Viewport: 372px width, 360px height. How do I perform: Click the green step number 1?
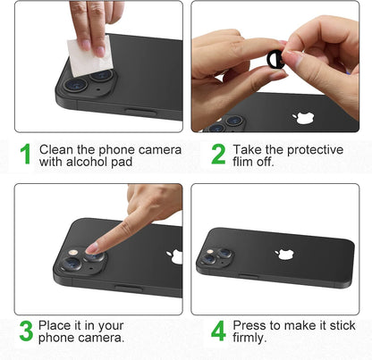coord(26,154)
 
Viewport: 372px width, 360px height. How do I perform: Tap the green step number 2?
coord(218,154)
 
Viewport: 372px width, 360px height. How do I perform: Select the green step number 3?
coord(26,331)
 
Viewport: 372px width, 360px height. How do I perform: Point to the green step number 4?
coord(218,331)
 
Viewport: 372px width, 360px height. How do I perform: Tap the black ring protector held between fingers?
coord(275,59)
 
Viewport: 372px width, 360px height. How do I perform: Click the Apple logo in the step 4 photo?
coord(284,254)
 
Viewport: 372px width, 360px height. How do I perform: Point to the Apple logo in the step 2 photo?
coord(303,118)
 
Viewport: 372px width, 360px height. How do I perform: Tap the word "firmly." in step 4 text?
coord(249,338)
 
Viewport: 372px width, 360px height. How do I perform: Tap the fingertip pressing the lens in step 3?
coord(93,247)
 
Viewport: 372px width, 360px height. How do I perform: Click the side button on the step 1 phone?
coord(140,112)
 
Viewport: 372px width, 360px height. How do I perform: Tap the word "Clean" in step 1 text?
coord(56,150)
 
